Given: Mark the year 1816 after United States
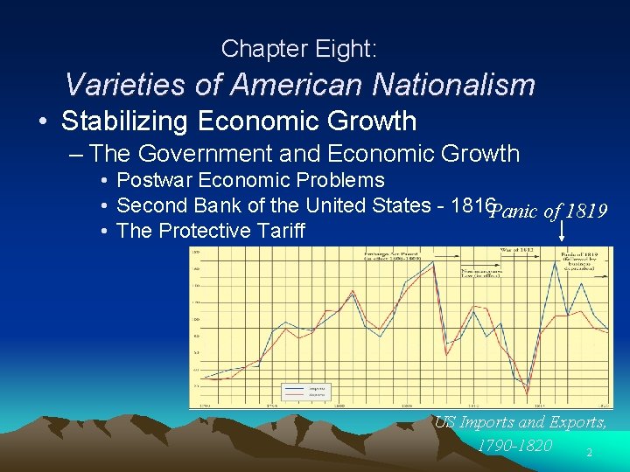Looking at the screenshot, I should coord(473,205).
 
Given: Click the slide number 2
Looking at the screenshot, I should coord(590,453).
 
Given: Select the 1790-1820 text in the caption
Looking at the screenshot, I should coord(514,446).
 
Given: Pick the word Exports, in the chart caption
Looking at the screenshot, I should coord(572,422).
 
